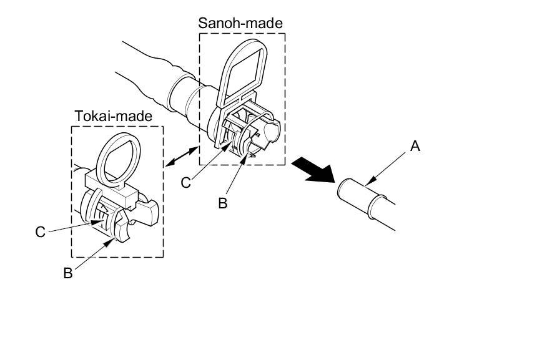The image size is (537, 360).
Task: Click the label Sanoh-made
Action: pos(240,23)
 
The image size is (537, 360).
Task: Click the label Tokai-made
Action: pos(113,116)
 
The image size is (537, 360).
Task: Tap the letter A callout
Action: pos(415,147)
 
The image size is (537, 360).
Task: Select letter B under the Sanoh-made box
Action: pos(222,203)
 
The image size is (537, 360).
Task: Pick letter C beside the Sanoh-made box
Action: pos(185,182)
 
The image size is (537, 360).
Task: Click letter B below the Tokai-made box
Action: pos(68,273)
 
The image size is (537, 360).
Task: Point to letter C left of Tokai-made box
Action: pos(41,231)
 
